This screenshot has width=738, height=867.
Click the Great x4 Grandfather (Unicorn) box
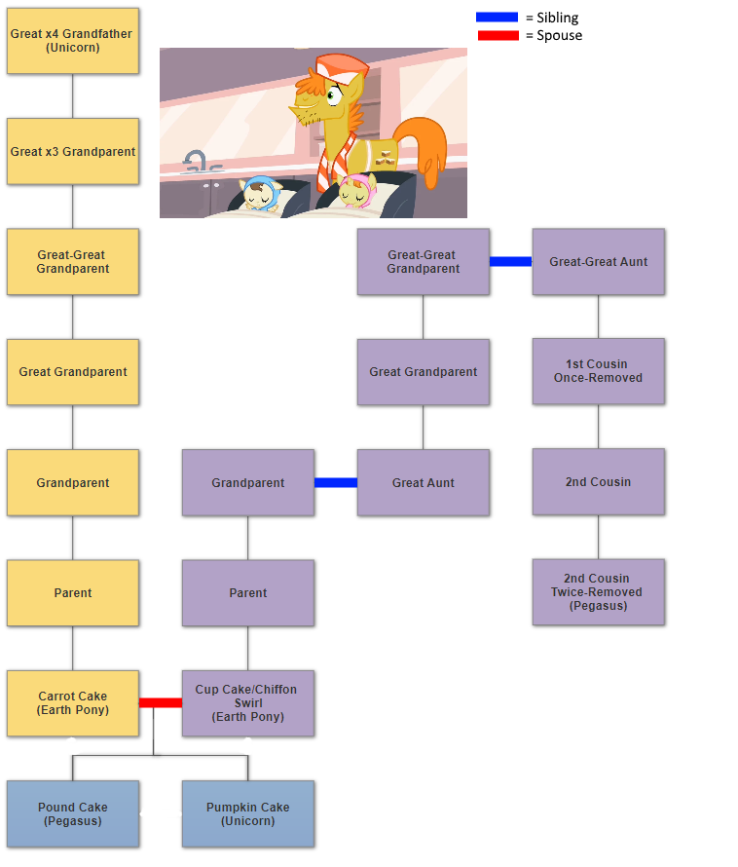[x=73, y=41]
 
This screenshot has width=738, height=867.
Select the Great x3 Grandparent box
[x=73, y=152]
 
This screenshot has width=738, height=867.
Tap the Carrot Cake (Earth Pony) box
[x=73, y=703]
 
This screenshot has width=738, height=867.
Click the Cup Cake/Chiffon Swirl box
[x=247, y=703]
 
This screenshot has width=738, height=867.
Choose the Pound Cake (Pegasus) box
[x=73, y=813]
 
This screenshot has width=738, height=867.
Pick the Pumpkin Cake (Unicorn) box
[x=247, y=813]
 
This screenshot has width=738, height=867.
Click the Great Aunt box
[x=423, y=482]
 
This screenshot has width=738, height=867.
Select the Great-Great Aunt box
[x=598, y=261]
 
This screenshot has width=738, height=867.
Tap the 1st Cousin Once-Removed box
[x=598, y=371]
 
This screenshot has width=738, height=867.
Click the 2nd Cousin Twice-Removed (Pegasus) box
[x=598, y=592]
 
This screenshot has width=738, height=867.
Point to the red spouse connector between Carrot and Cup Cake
[x=161, y=702]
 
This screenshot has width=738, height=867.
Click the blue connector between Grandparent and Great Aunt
[x=336, y=482]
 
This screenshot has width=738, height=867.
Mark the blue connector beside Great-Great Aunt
[x=511, y=261]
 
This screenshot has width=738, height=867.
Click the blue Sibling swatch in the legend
[x=497, y=18]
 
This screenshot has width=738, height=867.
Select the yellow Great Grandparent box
[x=73, y=372]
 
